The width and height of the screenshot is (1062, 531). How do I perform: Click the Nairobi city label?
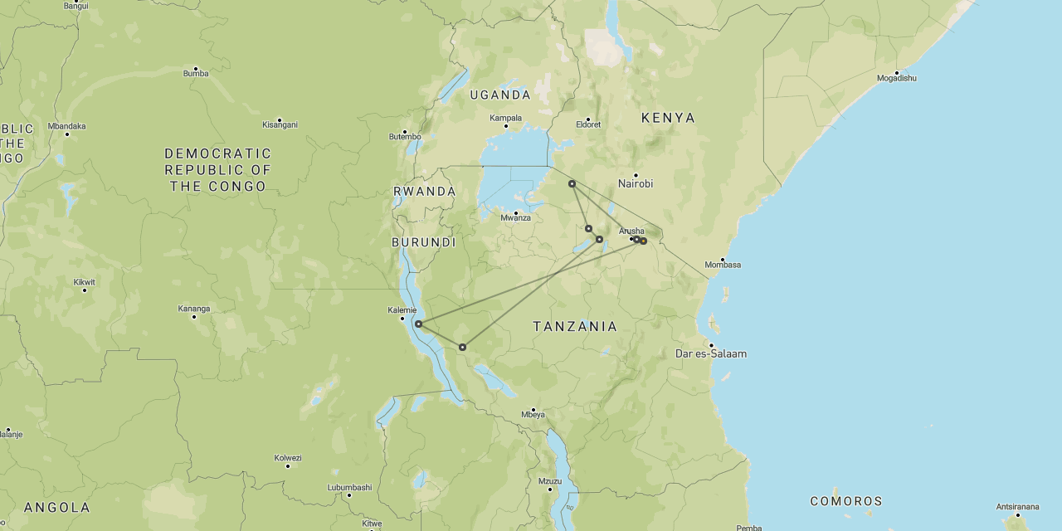tap(636, 183)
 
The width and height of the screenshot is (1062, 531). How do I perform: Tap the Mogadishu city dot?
tap(897, 73)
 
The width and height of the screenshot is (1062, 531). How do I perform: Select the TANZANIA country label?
tap(575, 327)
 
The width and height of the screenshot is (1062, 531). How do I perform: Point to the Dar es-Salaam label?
tap(710, 353)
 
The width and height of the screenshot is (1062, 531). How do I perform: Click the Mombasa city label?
tap(722, 265)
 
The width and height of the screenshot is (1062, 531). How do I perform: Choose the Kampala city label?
tap(505, 118)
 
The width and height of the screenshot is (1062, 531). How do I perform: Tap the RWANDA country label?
tap(425, 192)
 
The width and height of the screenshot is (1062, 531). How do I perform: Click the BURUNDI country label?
tap(424, 243)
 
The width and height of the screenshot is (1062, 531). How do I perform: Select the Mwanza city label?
tap(515, 218)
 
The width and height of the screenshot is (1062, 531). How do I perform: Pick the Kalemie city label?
tap(402, 310)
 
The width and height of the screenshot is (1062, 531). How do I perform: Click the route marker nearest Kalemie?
tap(419, 324)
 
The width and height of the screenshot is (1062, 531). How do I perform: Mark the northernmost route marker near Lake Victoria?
tap(572, 183)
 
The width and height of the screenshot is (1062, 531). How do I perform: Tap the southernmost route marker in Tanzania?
tap(462, 347)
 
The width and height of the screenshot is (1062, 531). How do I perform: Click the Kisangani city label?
tap(280, 124)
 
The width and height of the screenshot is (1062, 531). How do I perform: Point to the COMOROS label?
tap(846, 501)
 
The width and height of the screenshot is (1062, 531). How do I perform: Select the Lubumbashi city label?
tap(349, 487)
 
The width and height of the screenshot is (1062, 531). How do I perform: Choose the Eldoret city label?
tap(587, 124)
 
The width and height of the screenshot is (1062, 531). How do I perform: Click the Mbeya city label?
tap(533, 414)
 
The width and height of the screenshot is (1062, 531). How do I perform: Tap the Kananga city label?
tap(194, 309)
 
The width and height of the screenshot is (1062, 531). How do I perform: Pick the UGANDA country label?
tap(500, 95)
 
